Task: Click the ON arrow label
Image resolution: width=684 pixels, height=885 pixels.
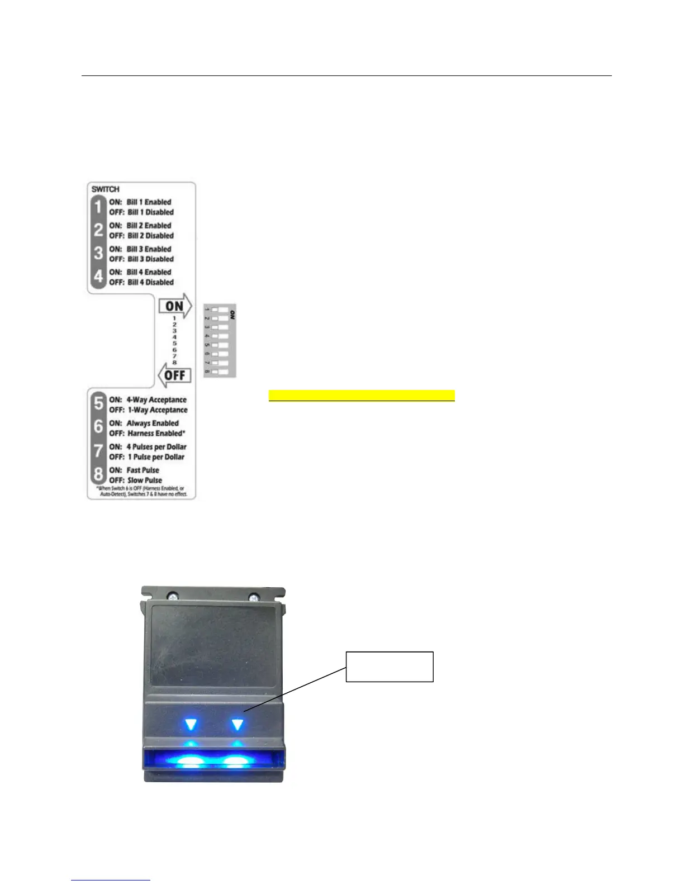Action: [x=175, y=306]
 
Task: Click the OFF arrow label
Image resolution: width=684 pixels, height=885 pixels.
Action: [x=175, y=375]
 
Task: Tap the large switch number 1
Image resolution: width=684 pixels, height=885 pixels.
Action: [x=98, y=207]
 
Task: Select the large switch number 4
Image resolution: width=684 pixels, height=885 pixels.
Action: [x=98, y=277]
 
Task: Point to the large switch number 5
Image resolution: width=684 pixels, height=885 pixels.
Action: [x=98, y=404]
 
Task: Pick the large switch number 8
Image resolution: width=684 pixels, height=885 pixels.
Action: [x=98, y=475]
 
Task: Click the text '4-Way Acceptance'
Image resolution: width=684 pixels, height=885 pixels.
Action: [x=156, y=400]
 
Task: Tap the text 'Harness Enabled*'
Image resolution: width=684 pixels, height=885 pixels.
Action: [x=156, y=434]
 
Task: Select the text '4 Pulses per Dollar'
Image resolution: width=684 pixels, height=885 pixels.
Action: [x=156, y=447]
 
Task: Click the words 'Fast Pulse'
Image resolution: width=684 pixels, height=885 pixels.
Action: [x=143, y=470]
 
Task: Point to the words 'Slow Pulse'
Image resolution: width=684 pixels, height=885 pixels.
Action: [x=145, y=480]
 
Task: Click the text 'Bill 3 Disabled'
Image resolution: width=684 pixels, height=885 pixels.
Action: [x=150, y=259]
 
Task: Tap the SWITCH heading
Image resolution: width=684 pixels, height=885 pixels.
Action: [x=106, y=189]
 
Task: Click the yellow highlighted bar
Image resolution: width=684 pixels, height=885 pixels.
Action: [x=362, y=396]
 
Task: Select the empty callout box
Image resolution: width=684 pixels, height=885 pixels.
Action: [x=389, y=666]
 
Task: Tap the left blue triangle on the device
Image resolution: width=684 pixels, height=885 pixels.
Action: [x=191, y=725]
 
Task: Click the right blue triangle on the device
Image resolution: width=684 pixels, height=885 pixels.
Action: [x=237, y=725]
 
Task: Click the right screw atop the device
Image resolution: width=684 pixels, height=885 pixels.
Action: [x=254, y=597]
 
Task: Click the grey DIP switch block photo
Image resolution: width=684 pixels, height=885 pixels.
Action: [x=220, y=341]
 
